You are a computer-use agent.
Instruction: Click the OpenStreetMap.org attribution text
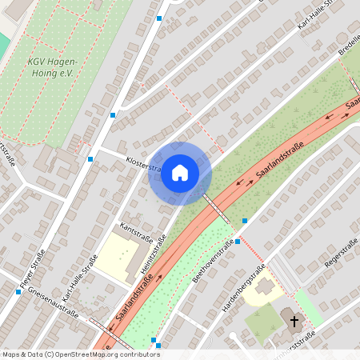coord(104,354)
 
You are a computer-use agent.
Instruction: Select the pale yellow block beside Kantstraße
coord(118,258)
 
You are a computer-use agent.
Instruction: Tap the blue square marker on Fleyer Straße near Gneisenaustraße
coord(18,292)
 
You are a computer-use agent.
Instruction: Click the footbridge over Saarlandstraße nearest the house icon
coord(216,207)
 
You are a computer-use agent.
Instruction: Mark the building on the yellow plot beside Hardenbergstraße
coord(265,287)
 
